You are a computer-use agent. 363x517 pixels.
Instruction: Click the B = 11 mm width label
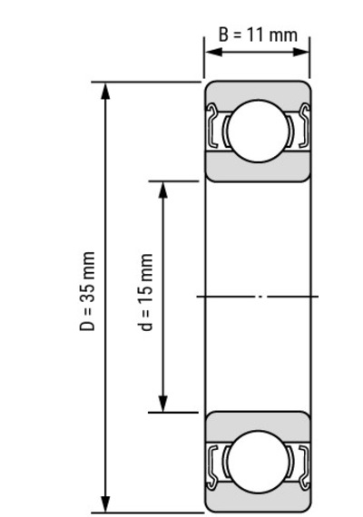click(258, 34)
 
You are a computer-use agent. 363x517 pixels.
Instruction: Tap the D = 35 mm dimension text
click(87, 291)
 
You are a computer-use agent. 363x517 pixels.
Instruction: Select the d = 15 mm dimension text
click(145, 292)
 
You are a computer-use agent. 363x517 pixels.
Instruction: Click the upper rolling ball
click(258, 131)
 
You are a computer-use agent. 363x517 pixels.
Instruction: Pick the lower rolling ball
click(258, 463)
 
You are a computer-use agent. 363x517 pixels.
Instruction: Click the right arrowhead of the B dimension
click(301, 52)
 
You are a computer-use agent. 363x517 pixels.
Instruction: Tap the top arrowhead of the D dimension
click(105, 92)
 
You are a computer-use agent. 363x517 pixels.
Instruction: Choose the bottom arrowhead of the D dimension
click(105, 503)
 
